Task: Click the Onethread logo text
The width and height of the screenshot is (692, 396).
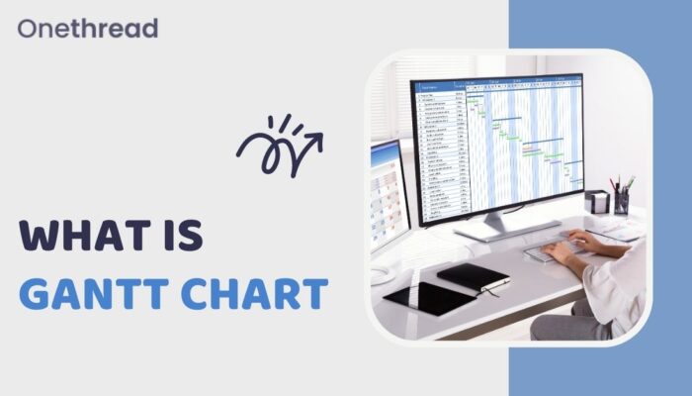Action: pos(87,28)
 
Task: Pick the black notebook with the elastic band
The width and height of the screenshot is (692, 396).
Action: pos(472,277)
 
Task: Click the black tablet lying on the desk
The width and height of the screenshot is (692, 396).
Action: pos(430,297)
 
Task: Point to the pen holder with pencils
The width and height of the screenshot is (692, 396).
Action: pos(622,199)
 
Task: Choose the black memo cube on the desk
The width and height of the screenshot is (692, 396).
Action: pos(596,202)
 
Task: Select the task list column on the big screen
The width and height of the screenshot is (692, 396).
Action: pos(441,153)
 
